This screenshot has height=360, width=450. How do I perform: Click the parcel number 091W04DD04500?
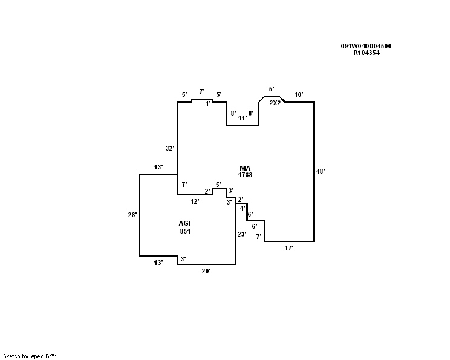point(366,46)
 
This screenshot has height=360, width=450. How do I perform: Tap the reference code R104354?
point(367,53)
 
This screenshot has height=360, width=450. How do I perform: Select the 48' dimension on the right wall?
point(321,171)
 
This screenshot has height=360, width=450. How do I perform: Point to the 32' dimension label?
point(170,148)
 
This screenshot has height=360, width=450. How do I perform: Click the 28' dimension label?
point(132,215)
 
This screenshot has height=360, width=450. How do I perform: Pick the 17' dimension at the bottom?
point(289,248)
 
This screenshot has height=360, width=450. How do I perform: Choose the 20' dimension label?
point(206,271)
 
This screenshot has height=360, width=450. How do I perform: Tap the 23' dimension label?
point(242,235)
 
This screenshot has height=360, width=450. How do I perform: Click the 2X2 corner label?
point(275,103)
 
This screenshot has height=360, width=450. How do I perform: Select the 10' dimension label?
point(299,94)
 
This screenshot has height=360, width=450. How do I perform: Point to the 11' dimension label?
point(242,118)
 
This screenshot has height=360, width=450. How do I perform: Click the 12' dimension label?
point(195,202)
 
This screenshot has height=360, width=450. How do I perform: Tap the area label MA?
point(245,168)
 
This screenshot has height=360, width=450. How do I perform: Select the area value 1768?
point(245,175)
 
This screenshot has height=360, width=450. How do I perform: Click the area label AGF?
point(186,223)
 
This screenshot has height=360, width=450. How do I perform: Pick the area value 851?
point(185,231)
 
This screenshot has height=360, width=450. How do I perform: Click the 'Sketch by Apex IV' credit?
point(30,356)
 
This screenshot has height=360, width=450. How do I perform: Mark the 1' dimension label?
point(208,103)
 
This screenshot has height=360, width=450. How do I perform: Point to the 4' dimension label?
point(243,208)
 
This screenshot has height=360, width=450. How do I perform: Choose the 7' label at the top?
point(202,91)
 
